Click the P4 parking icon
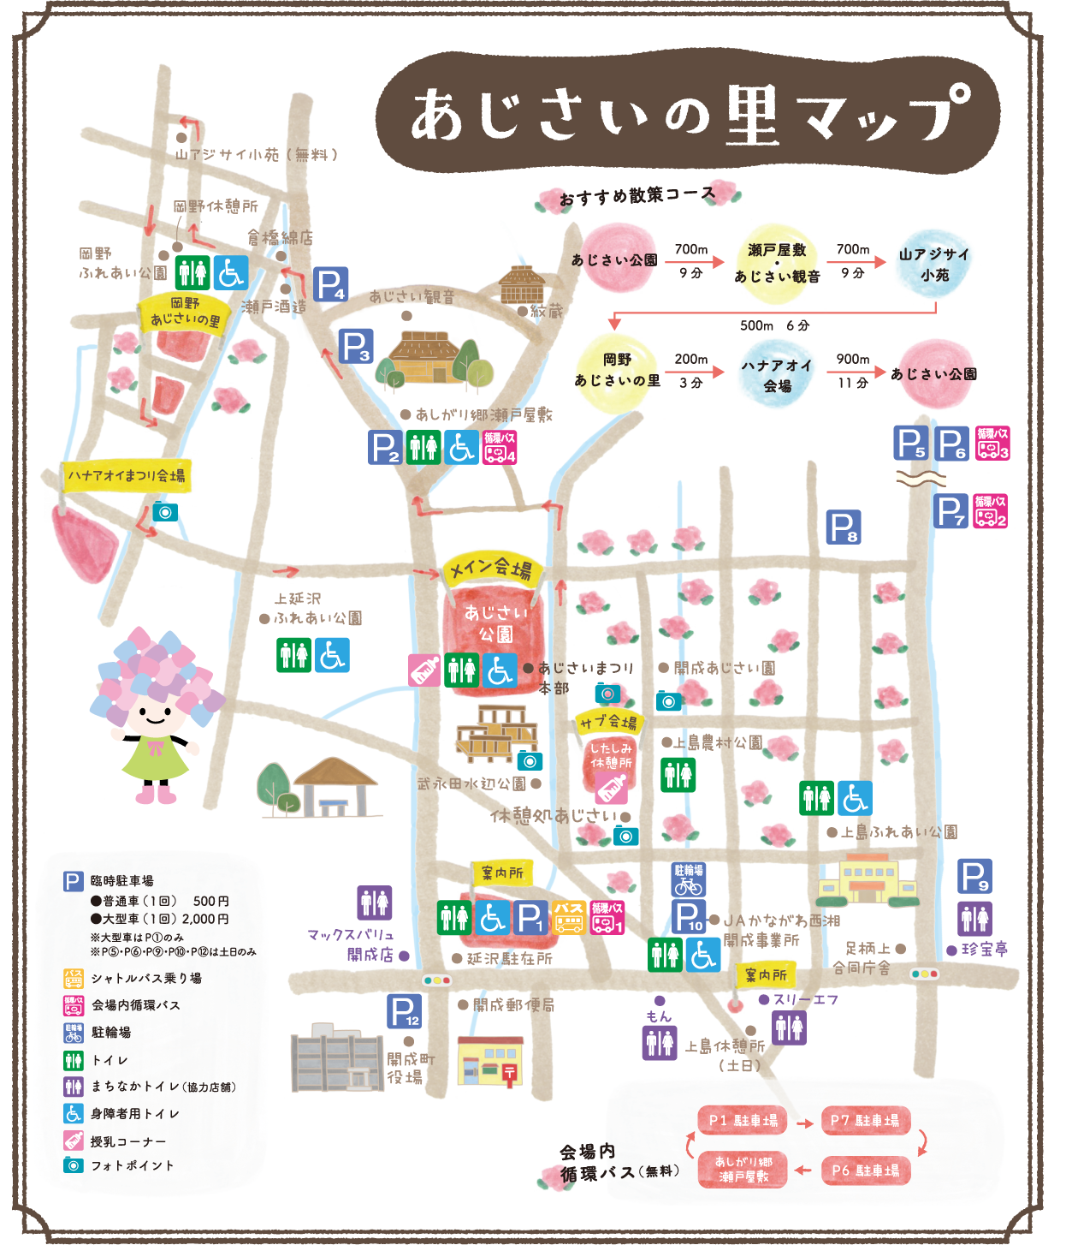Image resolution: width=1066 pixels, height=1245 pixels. [x=330, y=284]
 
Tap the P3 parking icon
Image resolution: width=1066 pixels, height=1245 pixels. [x=355, y=346]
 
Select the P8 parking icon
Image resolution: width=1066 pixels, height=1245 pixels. [x=844, y=527]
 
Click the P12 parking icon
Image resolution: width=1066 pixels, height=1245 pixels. [x=404, y=1011]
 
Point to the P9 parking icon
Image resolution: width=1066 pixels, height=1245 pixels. [x=974, y=876]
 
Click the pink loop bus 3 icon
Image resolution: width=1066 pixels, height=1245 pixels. [x=992, y=444]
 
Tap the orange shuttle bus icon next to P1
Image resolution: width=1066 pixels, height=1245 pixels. [x=569, y=917]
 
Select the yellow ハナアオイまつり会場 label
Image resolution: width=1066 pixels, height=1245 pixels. [x=127, y=475]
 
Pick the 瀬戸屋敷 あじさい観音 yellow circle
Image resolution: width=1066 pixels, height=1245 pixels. [x=777, y=262]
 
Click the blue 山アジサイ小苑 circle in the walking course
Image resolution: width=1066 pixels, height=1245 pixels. [x=934, y=264]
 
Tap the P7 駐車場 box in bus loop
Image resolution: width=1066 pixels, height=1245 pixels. [x=865, y=1121]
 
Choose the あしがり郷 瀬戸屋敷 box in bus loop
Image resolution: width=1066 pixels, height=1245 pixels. [x=743, y=1170]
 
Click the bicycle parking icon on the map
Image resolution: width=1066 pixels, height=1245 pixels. [x=688, y=879]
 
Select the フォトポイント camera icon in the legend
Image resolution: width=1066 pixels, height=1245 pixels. [x=74, y=1165]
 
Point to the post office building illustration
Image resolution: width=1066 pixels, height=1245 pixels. [x=490, y=1062]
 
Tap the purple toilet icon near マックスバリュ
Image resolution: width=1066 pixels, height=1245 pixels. [x=374, y=902]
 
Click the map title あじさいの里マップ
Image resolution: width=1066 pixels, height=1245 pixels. [x=689, y=116]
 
